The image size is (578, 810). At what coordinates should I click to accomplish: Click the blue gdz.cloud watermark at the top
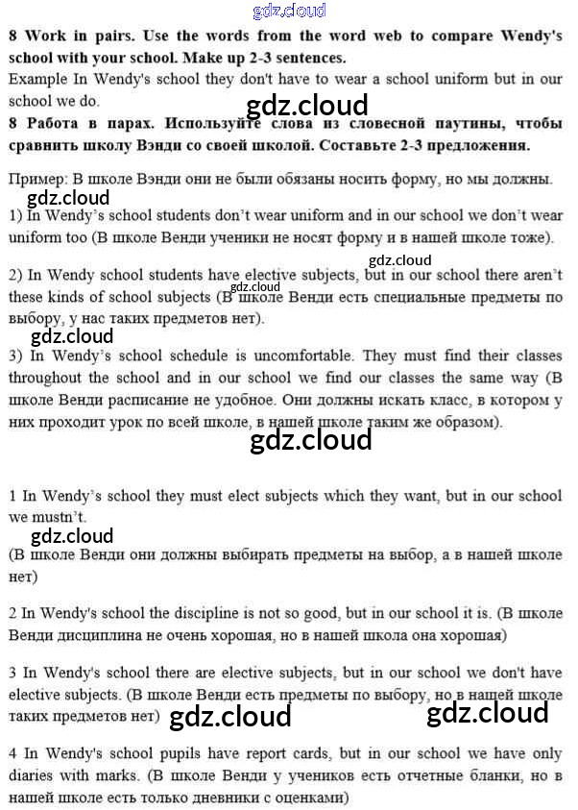(x=289, y=12)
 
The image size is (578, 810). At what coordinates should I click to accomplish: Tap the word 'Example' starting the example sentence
(x=36, y=79)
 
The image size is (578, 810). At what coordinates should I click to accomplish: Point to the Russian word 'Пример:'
(x=36, y=180)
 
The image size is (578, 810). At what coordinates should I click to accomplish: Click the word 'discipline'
(x=216, y=613)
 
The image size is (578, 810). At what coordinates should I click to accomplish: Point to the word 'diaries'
(x=33, y=775)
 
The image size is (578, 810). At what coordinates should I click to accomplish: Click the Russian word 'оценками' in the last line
(x=312, y=798)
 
